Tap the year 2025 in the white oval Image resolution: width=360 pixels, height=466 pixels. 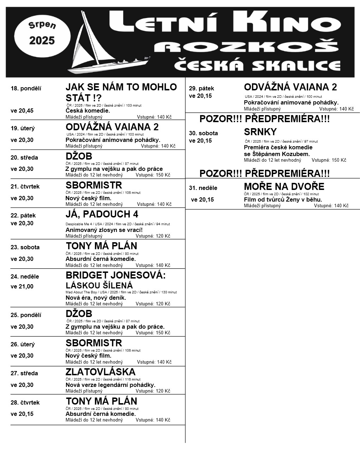(42, 41)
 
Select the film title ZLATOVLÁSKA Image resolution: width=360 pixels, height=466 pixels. (101, 372)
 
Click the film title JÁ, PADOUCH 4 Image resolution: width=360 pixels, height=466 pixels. (102, 214)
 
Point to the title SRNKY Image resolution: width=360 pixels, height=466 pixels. (260, 132)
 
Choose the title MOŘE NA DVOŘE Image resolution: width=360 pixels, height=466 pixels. (284, 187)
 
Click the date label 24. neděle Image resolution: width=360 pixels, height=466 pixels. (25, 277)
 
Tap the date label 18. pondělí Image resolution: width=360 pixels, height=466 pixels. (26, 89)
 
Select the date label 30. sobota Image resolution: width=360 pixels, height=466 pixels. (203, 133)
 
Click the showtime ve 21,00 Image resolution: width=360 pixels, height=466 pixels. (22, 287)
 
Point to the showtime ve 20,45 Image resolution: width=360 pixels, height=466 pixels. (22, 111)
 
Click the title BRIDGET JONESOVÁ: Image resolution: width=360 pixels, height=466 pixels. (115, 275)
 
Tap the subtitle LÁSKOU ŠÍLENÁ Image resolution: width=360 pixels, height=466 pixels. (99, 285)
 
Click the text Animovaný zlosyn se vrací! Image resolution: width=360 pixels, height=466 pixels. (104, 230)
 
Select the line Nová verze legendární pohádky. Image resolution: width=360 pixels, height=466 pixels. (110, 385)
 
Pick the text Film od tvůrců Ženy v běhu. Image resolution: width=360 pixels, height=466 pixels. (283, 200)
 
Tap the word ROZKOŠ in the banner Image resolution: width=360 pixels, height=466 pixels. (247, 47)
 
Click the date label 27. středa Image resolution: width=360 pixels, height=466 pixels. (24, 374)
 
